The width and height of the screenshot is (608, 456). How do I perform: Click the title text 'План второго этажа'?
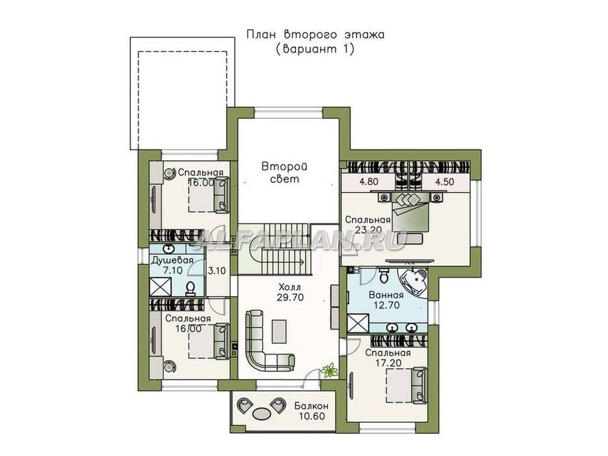pos(315,35)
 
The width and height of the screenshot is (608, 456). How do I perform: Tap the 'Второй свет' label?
pos(284,173)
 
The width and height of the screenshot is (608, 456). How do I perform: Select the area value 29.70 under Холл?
pos(290,297)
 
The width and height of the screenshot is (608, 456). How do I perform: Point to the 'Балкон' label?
pos(311,406)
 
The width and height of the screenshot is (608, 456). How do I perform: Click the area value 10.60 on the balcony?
pos(312,416)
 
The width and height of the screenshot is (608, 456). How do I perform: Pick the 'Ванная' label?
pos(386,295)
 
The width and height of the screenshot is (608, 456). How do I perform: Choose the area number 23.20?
pos(368,230)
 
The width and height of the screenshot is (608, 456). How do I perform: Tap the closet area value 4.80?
pos(369,182)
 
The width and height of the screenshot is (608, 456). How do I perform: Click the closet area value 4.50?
pos(444,182)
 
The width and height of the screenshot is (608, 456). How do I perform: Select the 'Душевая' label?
pos(172,260)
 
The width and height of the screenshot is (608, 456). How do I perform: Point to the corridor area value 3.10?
pos(217,270)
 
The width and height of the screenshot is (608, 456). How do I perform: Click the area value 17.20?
pos(388,363)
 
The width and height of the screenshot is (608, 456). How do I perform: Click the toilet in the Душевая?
pos(191,288)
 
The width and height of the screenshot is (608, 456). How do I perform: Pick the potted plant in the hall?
pos(329,369)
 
